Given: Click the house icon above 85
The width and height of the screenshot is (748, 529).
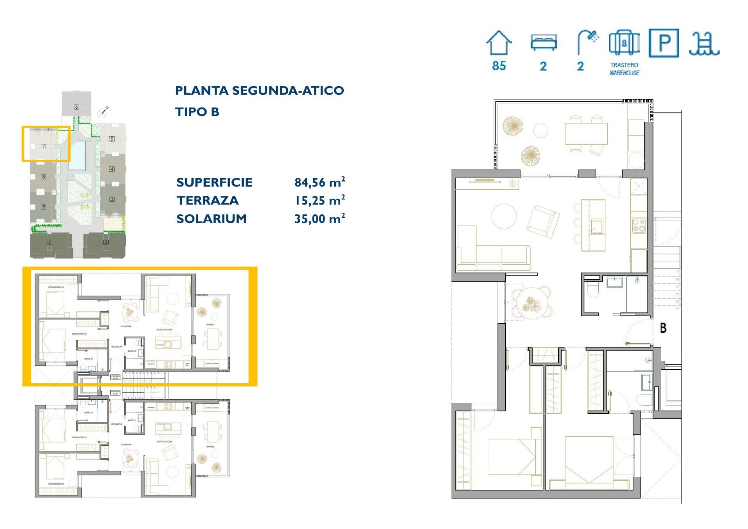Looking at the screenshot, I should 499,43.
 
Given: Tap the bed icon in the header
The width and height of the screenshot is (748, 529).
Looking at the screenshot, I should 543,42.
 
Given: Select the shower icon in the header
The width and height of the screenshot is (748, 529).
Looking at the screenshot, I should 587,42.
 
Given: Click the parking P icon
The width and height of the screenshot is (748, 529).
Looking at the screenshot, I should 664,43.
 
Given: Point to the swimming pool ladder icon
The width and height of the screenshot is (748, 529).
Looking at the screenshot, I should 704,43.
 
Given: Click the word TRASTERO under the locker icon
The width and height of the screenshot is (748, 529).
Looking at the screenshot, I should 624,65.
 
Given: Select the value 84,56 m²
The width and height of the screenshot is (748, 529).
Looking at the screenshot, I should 319,182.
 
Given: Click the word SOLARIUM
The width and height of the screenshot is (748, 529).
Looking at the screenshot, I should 212,219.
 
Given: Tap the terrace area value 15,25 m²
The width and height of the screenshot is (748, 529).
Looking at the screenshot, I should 319,200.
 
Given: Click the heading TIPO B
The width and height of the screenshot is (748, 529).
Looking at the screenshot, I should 197,112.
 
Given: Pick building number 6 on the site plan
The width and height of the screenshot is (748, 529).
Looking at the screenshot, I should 76,107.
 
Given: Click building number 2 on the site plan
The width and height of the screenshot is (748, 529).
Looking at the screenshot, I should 106,242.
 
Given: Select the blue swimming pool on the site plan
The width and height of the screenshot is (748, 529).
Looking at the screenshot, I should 78,155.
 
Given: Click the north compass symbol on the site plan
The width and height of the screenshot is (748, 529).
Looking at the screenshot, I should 103,113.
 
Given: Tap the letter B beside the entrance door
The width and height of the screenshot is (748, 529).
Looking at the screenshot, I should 663,328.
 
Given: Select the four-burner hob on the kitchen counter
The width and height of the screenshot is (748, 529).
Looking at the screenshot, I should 639,225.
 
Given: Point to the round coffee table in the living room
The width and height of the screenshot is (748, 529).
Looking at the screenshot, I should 504,217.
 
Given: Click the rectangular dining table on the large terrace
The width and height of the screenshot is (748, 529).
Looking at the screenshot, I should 586,134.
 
